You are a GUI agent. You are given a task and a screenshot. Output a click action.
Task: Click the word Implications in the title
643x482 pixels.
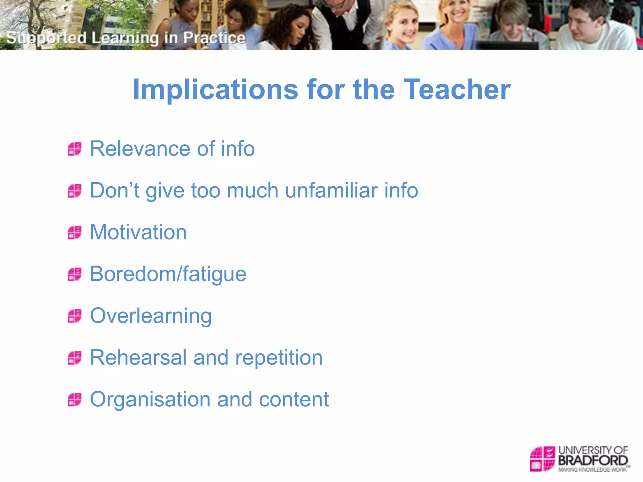coord(215,90)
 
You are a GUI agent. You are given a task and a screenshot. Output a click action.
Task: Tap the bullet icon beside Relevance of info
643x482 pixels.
coord(75,149)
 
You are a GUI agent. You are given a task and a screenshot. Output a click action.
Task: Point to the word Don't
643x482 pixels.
coord(114,190)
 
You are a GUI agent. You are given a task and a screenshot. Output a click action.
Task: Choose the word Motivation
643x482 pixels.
coord(138,232)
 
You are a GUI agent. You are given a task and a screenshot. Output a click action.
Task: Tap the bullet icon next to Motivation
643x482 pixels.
coord(75,233)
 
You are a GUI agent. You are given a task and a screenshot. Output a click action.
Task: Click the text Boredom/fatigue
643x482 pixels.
coord(168,274)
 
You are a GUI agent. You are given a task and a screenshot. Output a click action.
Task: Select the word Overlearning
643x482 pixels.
coord(151,316)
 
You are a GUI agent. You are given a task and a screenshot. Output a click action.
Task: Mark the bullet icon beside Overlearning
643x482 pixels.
coord(75,316)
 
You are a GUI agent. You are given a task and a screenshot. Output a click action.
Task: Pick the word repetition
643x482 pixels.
coord(279,358)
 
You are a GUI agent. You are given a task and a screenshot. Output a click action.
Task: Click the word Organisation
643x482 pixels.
coord(150,399)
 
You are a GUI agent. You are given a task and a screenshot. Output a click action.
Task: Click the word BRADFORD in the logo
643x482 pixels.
coord(593,461)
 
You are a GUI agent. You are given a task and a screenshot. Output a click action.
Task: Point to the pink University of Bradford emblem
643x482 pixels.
coord(542,459)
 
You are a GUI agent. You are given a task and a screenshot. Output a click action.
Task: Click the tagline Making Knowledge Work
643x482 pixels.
coord(592,470)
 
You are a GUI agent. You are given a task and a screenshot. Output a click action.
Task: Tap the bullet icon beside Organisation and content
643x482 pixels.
coord(75,399)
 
